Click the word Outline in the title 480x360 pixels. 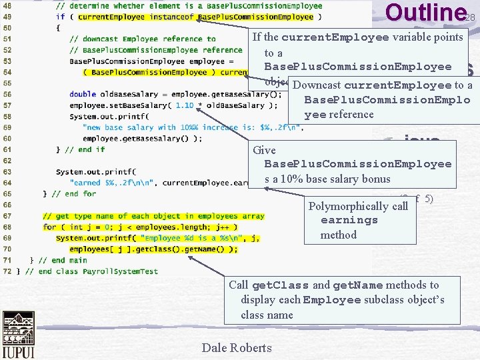coord(424,13)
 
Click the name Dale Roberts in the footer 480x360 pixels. coord(236,347)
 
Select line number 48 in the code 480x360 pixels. coord(7,6)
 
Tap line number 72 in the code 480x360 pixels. coord(7,271)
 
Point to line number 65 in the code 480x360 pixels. coord(7,194)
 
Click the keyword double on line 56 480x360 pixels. coord(83,94)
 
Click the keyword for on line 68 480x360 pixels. coord(49,227)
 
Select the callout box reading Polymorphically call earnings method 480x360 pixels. coord(359,220)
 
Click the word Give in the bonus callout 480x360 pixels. coord(265,150)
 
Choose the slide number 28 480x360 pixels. coord(470,17)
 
